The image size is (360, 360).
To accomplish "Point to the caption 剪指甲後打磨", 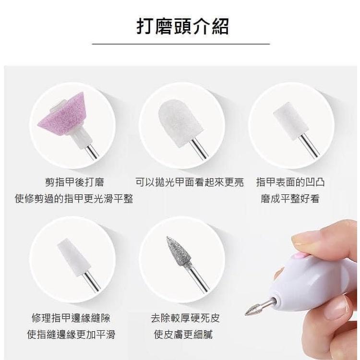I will (x=74, y=182).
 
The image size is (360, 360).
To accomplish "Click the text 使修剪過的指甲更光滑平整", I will (x=74, y=198).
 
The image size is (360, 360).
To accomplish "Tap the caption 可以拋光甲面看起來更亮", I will (x=189, y=182).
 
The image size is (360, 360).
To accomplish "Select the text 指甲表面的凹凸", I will (x=290, y=182).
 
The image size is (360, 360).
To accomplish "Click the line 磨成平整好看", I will (x=290, y=198).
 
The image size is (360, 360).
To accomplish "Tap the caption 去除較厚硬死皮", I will (x=185, y=318).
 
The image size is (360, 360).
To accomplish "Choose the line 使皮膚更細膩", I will (x=185, y=334).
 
